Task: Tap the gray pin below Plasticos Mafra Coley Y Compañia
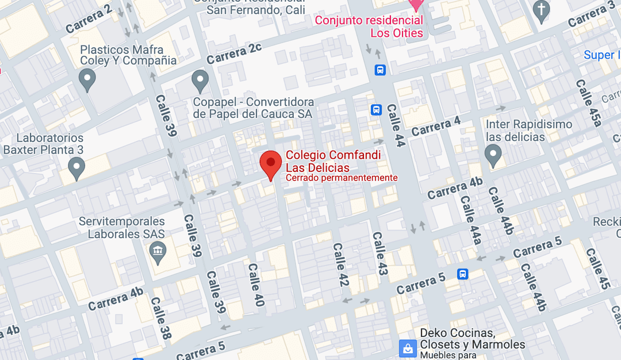pyautogui.click(x=87, y=81)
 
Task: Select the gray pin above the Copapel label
pyautogui.click(x=200, y=82)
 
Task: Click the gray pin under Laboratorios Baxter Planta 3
pyautogui.click(x=76, y=169)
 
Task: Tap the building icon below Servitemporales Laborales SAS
pyautogui.click(x=157, y=251)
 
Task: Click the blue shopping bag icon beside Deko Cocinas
pyautogui.click(x=408, y=347)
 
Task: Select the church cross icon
pyautogui.click(x=541, y=11)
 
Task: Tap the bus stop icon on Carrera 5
pyautogui.click(x=463, y=274)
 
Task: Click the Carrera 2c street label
pyautogui.click(x=234, y=53)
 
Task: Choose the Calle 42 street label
pyautogui.click(x=342, y=264)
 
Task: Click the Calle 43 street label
pyautogui.click(x=379, y=254)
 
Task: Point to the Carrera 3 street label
pyautogui.click(x=592, y=15)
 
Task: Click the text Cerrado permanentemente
pyautogui.click(x=342, y=178)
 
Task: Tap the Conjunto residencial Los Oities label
pyautogui.click(x=369, y=26)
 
